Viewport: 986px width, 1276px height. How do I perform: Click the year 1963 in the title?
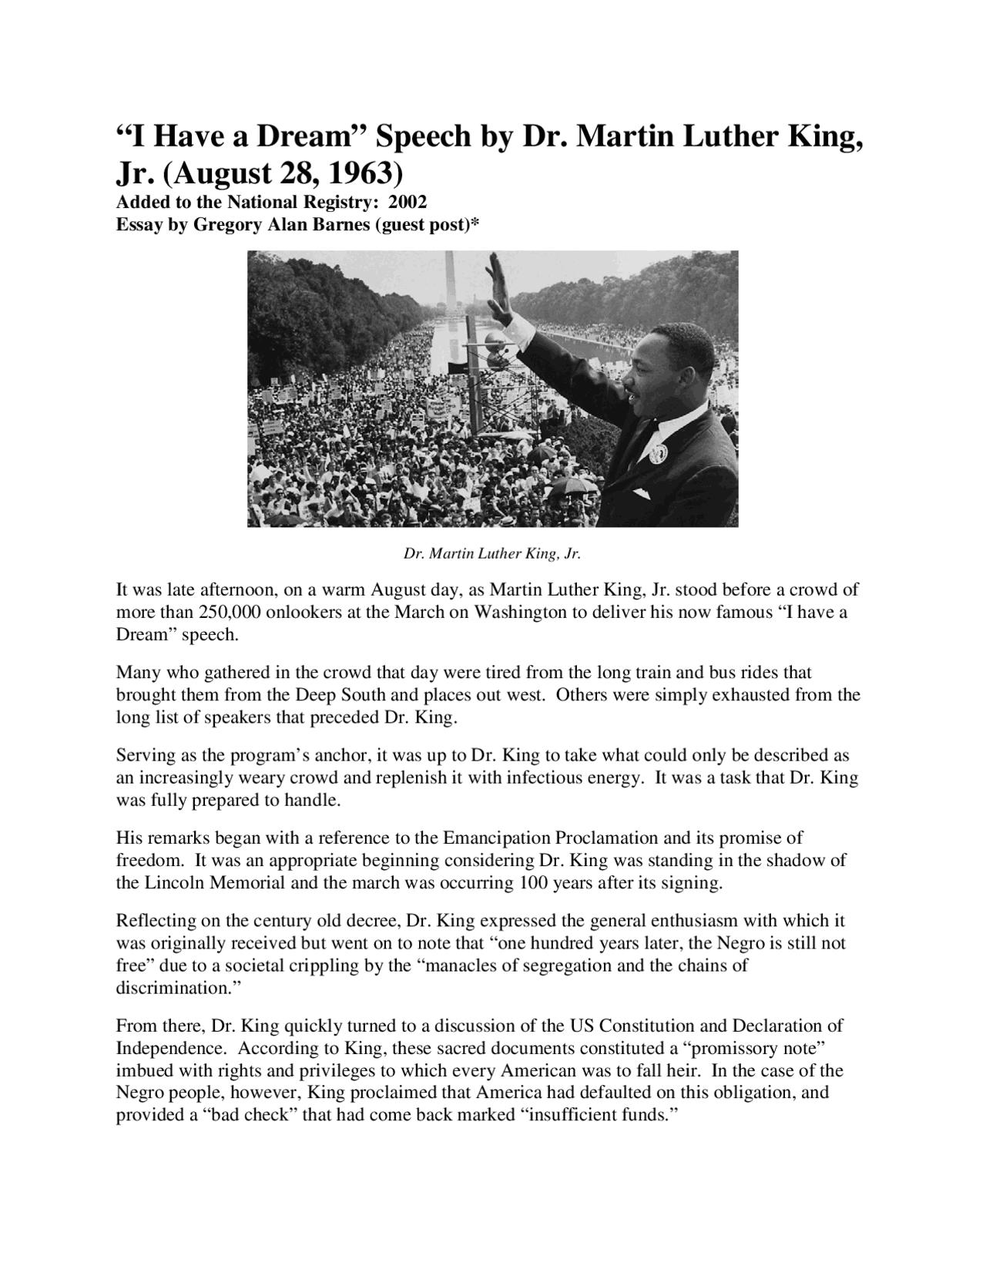(360, 174)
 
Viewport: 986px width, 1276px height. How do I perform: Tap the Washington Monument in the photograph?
(449, 285)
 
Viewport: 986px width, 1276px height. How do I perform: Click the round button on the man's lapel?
(657, 452)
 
